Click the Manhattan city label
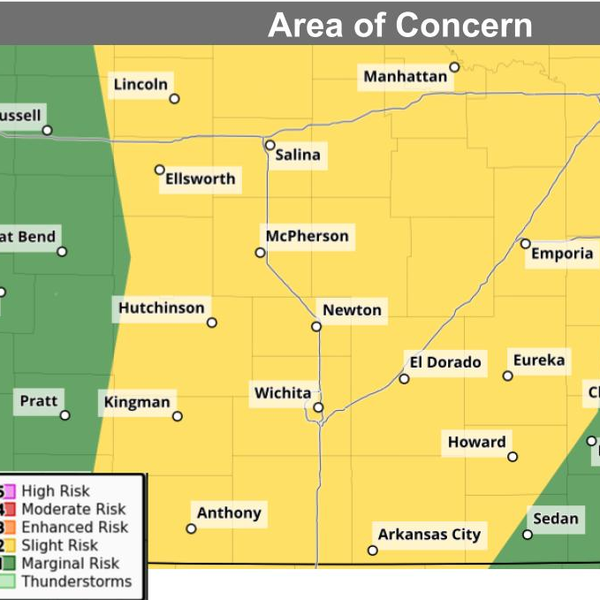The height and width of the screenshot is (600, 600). (406, 77)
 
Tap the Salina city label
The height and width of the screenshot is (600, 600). (298, 156)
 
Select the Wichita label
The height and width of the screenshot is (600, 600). (283, 392)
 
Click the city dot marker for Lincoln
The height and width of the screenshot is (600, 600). (174, 99)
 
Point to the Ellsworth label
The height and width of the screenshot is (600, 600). (201, 178)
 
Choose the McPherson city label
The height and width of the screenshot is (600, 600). (308, 236)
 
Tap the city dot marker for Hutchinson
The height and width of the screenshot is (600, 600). (212, 323)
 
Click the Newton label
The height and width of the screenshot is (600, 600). (352, 309)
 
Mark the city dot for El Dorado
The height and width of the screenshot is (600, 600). (404, 379)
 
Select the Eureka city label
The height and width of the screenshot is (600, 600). (539, 361)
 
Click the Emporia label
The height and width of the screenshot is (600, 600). (562, 254)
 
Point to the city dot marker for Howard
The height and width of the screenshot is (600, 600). (513, 457)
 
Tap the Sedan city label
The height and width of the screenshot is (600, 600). (556, 519)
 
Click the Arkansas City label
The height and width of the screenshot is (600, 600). (429, 534)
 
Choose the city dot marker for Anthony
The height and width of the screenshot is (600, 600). (191, 528)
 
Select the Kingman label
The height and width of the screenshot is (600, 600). (137, 402)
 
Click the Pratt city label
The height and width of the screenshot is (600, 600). (39, 401)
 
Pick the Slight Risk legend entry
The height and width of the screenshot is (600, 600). (59, 545)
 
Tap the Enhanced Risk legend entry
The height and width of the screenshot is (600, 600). (74, 527)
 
